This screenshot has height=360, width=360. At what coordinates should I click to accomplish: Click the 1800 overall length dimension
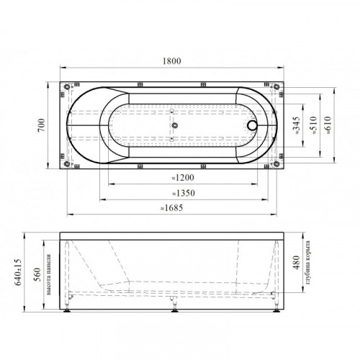[x=172, y=61]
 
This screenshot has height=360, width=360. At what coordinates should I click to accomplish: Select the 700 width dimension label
[x=42, y=125]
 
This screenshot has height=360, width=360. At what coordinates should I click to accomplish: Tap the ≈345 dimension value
[x=297, y=125]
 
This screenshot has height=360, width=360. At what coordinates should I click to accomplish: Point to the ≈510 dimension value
[x=313, y=125]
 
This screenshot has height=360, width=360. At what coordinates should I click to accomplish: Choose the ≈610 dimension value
[x=328, y=125]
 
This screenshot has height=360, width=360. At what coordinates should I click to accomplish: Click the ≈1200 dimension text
[x=183, y=178]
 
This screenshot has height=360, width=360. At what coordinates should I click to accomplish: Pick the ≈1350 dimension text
[x=184, y=193]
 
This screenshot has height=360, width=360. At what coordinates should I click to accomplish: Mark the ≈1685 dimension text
[x=172, y=207]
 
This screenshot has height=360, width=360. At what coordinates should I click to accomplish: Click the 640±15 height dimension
[x=18, y=272]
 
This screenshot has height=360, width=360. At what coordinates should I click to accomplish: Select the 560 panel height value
[x=37, y=274]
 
